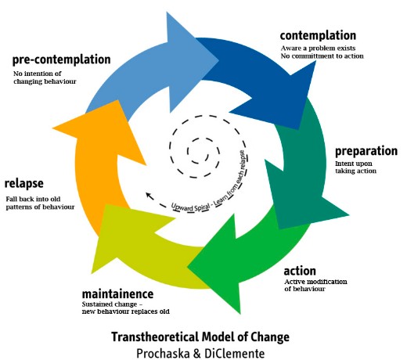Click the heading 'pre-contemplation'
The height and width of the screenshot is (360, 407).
62,59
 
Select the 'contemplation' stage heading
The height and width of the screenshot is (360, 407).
318,35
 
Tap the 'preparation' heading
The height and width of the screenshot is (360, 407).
366,151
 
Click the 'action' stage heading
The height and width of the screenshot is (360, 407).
300,271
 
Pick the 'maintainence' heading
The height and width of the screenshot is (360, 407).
117,294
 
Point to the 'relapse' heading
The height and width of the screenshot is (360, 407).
24,184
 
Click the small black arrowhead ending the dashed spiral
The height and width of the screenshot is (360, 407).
149,195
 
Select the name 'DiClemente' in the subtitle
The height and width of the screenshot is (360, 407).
235,354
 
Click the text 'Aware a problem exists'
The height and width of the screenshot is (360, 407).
318,49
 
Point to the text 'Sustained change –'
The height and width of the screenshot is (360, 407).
112,304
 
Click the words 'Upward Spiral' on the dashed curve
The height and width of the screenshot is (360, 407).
190,207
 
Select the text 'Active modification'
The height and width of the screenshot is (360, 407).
315,282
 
